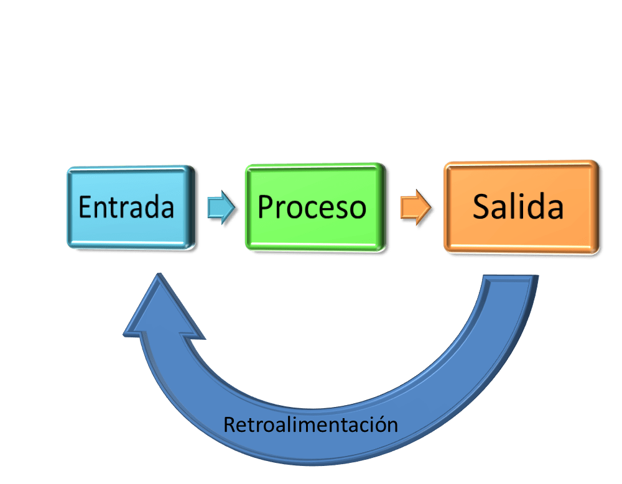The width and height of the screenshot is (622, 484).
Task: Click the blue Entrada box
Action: pos(129,208)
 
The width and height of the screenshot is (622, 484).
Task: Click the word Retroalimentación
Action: pos(310,425)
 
